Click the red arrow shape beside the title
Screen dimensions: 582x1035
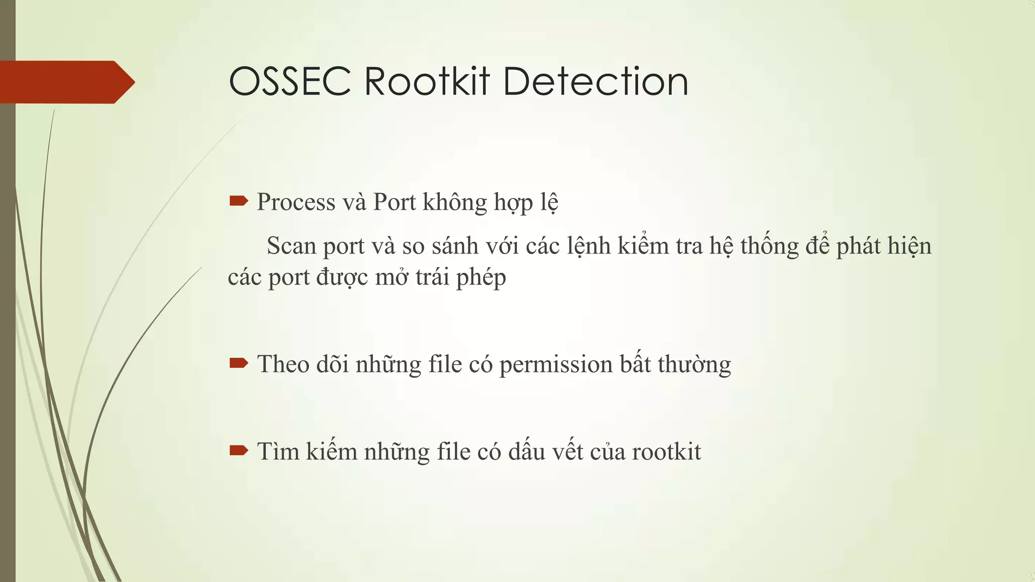click(66, 82)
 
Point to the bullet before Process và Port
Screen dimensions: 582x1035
click(239, 202)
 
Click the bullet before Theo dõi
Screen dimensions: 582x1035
click(239, 363)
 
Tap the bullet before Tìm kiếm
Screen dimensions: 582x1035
click(239, 450)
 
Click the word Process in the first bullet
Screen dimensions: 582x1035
click(296, 203)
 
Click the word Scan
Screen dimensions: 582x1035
click(291, 246)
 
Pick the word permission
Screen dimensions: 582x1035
click(556, 365)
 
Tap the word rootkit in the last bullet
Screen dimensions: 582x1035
click(666, 452)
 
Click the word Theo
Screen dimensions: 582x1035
click(283, 364)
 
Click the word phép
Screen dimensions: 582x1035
click(481, 278)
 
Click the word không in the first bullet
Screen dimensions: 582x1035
click(455, 203)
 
